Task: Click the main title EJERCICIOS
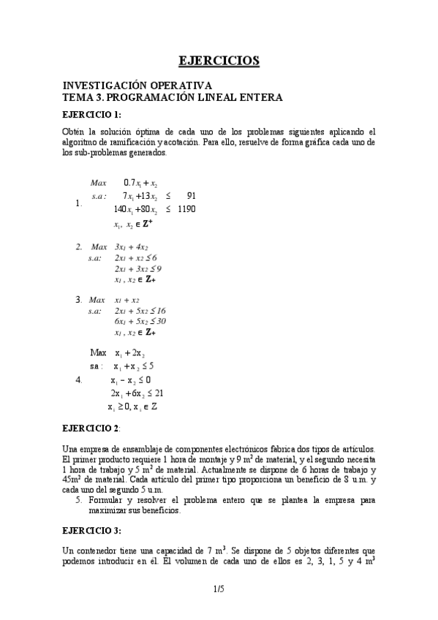tap(219, 61)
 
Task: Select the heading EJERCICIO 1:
tap(91, 115)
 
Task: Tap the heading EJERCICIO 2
tap(91, 427)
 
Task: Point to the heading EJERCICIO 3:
tap(91, 530)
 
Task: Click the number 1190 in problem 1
tap(186, 209)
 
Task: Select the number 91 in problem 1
tap(191, 196)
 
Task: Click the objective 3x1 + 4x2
tap(132, 247)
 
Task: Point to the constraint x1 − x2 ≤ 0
tap(130, 380)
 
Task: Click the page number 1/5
tap(219, 588)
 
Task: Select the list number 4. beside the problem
tap(79, 380)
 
